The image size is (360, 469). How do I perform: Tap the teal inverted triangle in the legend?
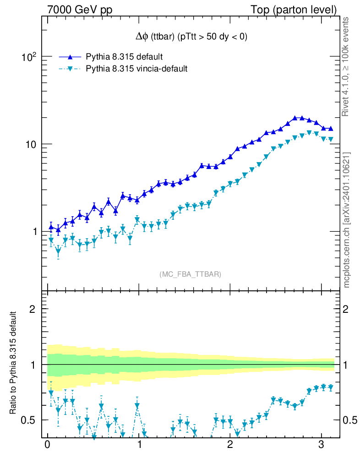(70, 69)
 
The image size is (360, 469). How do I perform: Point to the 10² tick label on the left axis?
(28, 57)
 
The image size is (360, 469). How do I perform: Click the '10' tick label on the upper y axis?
(29, 144)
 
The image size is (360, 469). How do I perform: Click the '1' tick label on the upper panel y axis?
(33, 232)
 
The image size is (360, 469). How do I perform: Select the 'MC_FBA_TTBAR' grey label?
(191, 274)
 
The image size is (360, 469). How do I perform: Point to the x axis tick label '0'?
(47, 446)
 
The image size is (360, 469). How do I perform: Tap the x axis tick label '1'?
(139, 446)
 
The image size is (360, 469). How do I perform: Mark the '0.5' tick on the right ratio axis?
(349, 420)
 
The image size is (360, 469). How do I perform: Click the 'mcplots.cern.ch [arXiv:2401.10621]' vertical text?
(347, 220)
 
